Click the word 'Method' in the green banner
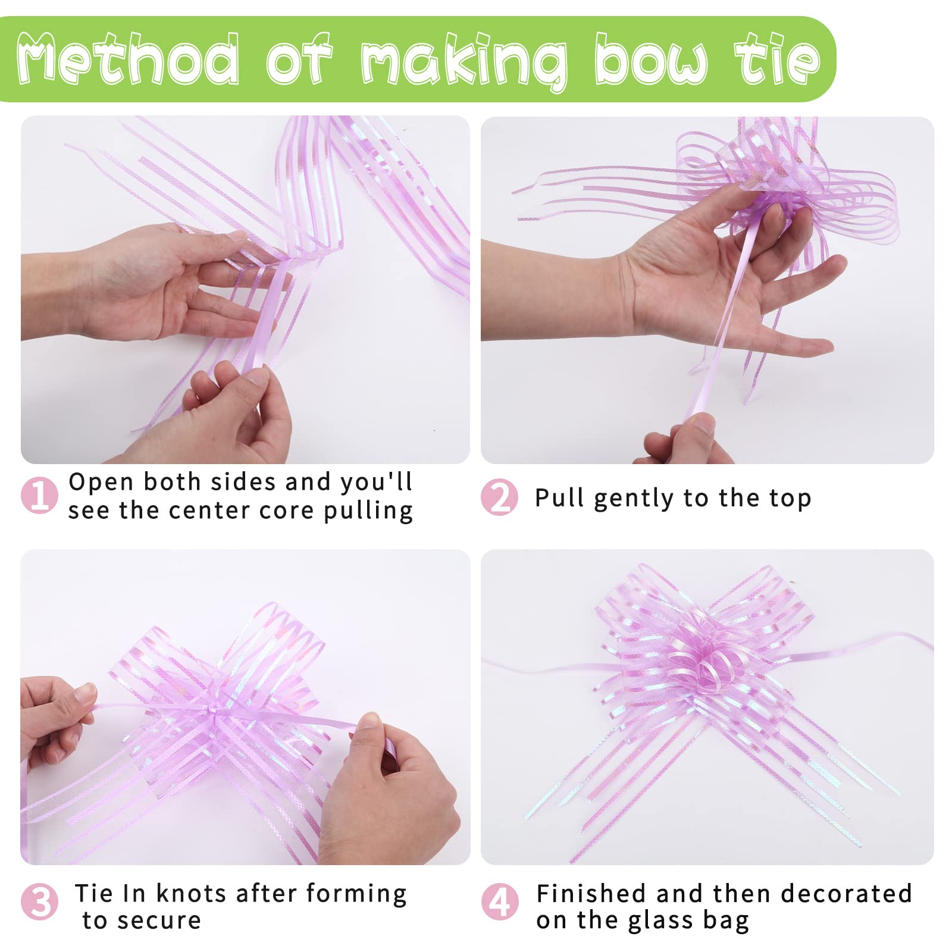[128, 59]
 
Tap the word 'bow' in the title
[651, 59]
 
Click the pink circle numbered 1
[39, 495]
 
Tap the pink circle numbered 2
[499, 497]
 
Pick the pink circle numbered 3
[39, 901]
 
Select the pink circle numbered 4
[499, 901]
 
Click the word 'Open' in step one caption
[101, 483]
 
